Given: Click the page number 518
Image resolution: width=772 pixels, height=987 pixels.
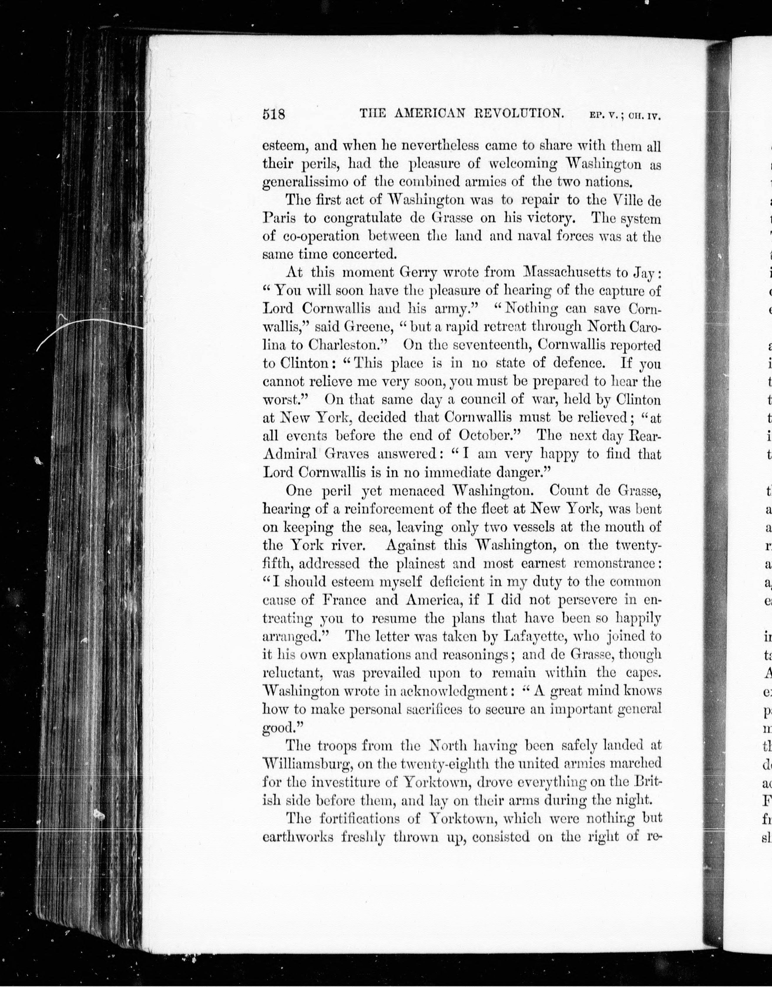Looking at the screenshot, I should pyautogui.click(x=274, y=114).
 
